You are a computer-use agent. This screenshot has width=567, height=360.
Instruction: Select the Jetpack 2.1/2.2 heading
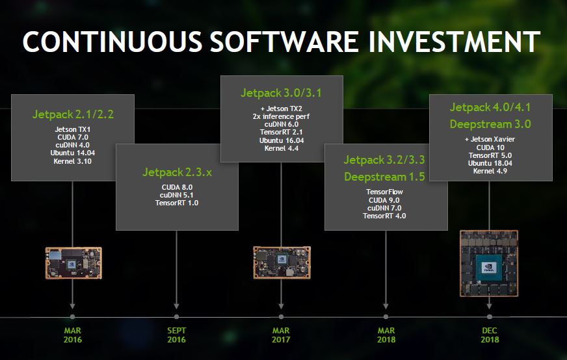point(73,114)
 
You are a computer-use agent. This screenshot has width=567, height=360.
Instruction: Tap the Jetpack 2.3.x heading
point(177,172)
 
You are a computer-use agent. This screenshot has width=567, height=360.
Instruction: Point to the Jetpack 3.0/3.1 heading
point(281,93)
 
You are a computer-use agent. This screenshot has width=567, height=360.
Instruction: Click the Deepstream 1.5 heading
point(384,177)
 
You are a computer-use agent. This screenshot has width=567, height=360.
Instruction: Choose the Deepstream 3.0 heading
point(490,124)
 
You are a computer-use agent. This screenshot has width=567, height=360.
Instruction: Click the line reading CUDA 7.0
point(73,137)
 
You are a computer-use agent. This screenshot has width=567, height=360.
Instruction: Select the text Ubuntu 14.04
point(73,153)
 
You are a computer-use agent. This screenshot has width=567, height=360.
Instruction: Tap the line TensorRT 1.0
point(177,203)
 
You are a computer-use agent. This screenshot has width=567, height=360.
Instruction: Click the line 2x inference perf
point(281,116)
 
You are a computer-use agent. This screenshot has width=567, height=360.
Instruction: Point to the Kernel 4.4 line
point(282,148)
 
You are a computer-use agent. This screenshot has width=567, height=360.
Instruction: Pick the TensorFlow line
point(384,192)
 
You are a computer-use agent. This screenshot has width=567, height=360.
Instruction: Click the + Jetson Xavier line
point(490,139)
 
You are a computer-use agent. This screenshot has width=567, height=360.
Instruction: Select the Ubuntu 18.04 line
point(490,163)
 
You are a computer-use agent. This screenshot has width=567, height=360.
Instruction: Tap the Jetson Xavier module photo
point(489,263)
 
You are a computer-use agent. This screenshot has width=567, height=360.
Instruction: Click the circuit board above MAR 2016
point(73,263)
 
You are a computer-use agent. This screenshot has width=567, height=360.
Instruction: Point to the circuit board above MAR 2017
point(282,263)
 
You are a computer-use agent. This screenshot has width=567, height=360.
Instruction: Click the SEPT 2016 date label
point(176,335)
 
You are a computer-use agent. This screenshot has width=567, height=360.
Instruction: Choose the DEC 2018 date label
point(490,335)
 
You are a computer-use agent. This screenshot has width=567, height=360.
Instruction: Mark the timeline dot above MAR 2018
point(386,316)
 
